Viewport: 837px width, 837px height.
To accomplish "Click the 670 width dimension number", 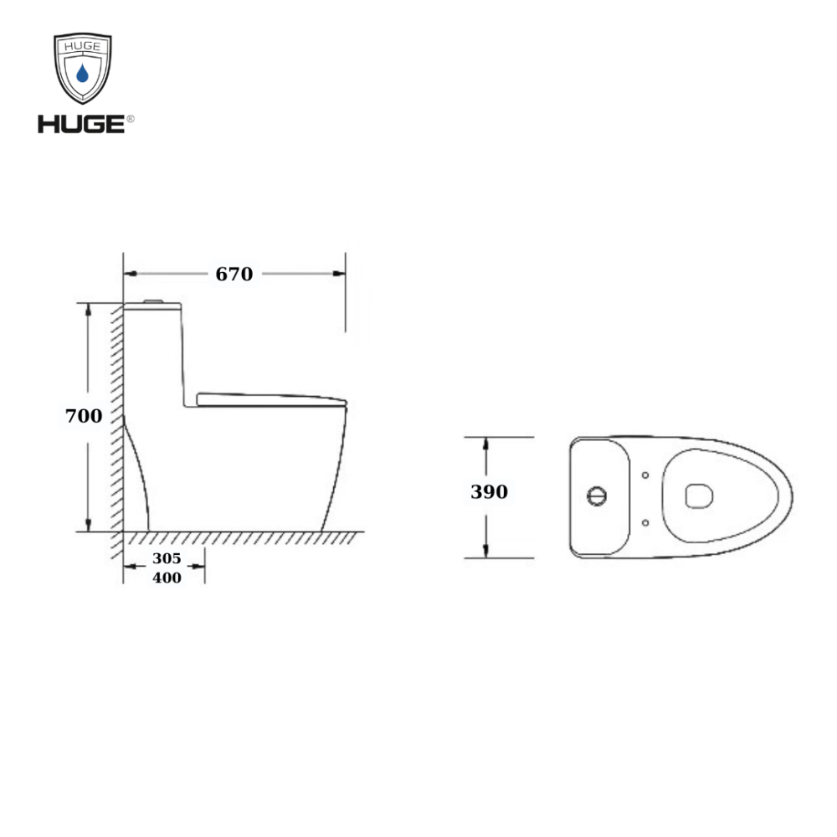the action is pos(234,274).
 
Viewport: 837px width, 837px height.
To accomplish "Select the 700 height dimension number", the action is pos(83,416).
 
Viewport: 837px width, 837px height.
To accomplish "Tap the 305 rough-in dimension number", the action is pos(167,558).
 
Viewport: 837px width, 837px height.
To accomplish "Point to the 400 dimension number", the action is pos(167,578).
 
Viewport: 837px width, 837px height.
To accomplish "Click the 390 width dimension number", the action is pos(489,491).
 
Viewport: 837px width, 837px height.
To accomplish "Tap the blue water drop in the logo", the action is pos(82,73).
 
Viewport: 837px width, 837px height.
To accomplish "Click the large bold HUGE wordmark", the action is pos(81,124).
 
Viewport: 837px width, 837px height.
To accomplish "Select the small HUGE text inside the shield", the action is pos(82,46).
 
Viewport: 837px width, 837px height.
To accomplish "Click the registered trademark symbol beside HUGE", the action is pos(131,119).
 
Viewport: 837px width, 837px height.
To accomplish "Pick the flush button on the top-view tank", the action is pos(597,496).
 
